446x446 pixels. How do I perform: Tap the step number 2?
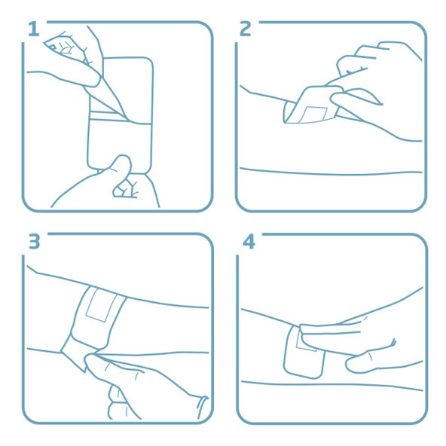(x=245, y=29)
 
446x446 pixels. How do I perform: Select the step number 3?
(x=33, y=242)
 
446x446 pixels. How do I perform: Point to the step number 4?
(x=248, y=242)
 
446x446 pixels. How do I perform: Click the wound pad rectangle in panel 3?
(x=98, y=305)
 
